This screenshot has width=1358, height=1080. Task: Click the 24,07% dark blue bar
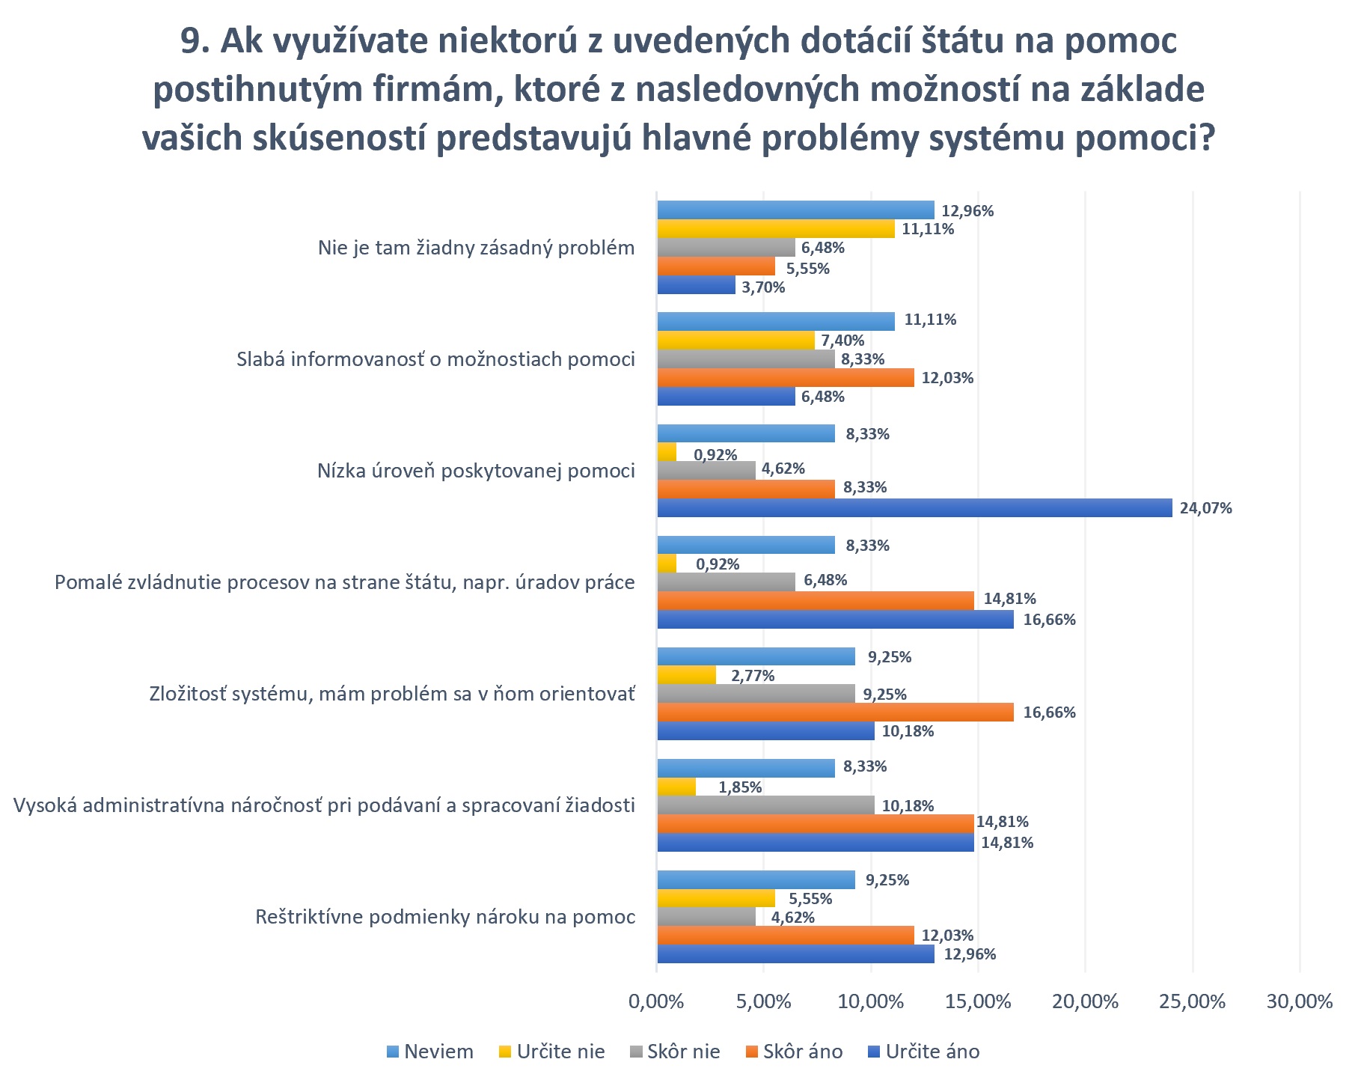click(x=914, y=508)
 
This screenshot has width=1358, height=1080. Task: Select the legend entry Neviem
click(x=438, y=1052)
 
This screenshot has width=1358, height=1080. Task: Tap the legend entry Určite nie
click(x=560, y=1052)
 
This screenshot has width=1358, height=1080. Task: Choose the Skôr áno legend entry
click(x=802, y=1052)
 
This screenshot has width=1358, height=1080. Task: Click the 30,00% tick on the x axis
click(x=1300, y=1001)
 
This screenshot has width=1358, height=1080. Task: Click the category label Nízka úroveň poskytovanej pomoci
click(x=476, y=472)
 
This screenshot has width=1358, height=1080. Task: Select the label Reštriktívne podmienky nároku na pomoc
click(x=445, y=917)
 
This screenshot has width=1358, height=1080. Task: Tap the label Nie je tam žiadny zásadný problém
click(x=476, y=248)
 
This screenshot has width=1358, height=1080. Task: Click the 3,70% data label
click(x=763, y=287)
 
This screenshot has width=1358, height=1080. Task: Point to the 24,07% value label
click(x=1205, y=509)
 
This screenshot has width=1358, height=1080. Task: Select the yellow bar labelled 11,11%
click(x=776, y=229)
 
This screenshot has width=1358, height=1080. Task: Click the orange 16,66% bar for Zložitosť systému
click(x=835, y=713)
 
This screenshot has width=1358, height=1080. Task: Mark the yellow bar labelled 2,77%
click(x=686, y=675)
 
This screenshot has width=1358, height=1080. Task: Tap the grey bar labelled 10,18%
click(x=765, y=805)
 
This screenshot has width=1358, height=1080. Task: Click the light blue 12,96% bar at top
click(x=795, y=210)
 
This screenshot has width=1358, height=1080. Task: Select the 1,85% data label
click(x=740, y=787)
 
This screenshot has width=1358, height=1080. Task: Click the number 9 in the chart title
click(x=192, y=42)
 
